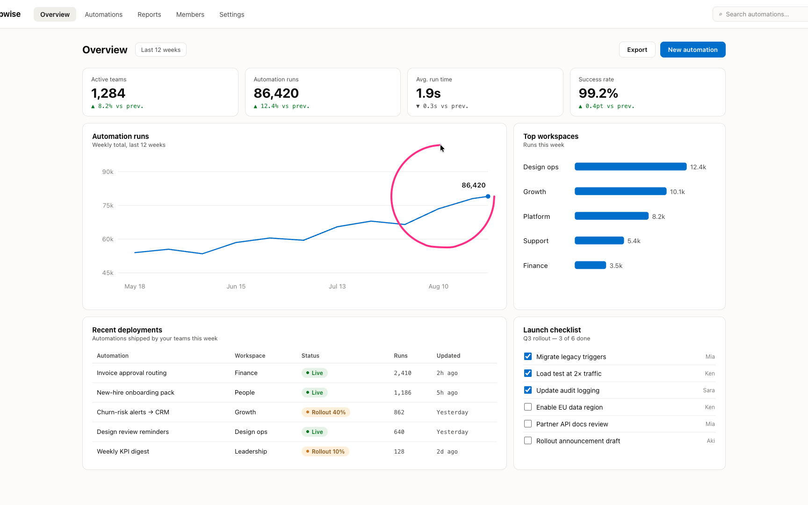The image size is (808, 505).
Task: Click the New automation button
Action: point(693,50)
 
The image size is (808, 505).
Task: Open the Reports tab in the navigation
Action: point(149,14)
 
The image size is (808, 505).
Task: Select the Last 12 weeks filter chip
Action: point(161,50)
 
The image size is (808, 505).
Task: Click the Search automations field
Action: point(760,14)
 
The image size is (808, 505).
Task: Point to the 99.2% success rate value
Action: point(598,93)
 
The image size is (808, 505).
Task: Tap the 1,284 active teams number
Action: point(108,93)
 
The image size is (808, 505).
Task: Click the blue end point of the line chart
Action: point(488,196)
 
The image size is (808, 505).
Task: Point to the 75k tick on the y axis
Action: point(108,205)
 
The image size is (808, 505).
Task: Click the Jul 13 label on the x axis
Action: point(337,286)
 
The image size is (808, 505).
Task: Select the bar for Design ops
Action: point(630,166)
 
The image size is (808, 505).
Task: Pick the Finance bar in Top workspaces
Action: point(590,265)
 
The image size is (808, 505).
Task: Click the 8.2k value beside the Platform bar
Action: point(658,216)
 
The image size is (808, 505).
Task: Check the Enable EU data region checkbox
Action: point(528,407)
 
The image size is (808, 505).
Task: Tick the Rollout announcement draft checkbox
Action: point(528,440)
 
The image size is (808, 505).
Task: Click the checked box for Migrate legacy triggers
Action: point(528,356)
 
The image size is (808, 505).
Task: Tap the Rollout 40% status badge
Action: point(326,412)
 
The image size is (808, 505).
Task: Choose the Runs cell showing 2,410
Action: point(403,373)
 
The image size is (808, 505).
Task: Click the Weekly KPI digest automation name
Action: point(123,451)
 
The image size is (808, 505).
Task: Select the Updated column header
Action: point(448,355)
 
